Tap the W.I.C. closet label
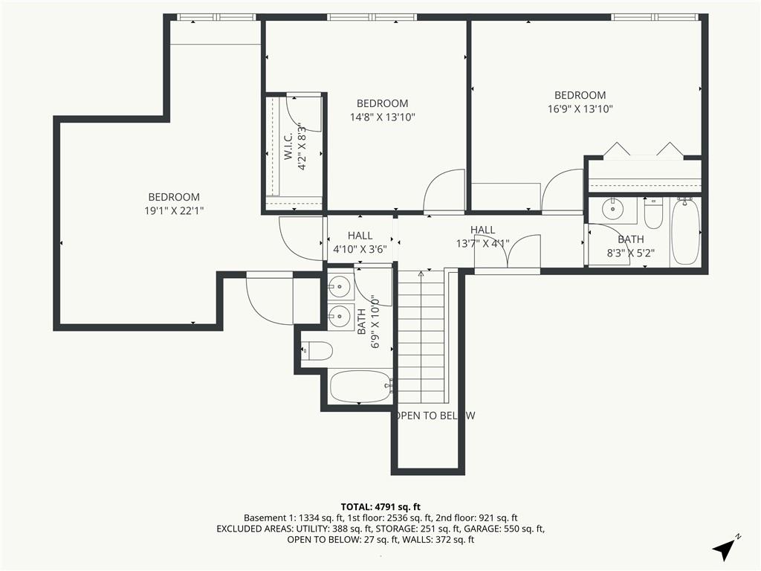tap(288, 146)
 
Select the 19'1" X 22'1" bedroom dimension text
tap(174, 210)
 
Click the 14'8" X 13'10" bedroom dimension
tap(383, 117)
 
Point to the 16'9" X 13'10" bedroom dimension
tap(580, 109)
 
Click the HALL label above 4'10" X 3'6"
tap(360, 236)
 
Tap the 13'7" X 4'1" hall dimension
tap(482, 243)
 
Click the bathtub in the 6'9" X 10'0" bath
tap(360, 387)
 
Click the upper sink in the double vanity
tap(339, 286)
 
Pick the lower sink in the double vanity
tap(339, 317)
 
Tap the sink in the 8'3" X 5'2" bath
tap(612, 210)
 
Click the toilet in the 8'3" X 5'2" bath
tap(653, 213)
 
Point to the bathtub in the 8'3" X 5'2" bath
tap(685, 231)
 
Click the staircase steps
tap(421, 337)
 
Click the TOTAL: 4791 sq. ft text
tap(380, 507)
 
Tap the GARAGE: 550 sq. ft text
tap(507, 529)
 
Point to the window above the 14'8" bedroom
tap(372, 17)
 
